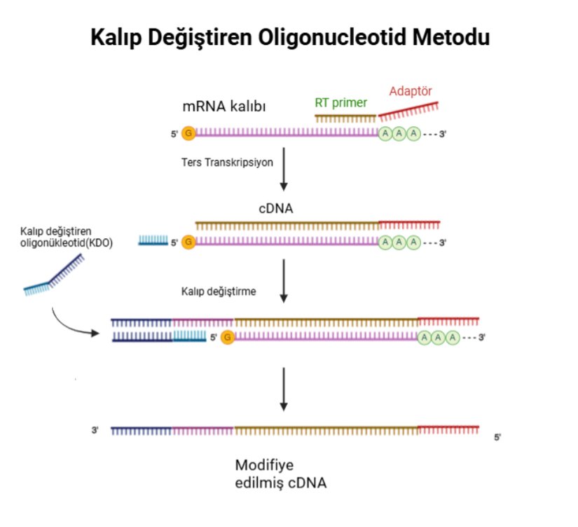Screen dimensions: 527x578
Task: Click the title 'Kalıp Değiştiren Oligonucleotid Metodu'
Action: (x=289, y=37)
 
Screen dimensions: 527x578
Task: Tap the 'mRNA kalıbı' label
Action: (x=224, y=106)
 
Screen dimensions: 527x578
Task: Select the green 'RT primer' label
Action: (x=340, y=103)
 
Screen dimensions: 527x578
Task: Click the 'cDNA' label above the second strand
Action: (x=278, y=209)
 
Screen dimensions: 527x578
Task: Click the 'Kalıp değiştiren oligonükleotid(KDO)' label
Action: (x=66, y=238)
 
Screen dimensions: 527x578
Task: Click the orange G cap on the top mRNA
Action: (x=188, y=132)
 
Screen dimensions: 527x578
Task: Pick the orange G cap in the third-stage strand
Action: (x=228, y=337)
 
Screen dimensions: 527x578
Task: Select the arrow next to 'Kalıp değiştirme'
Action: (x=284, y=280)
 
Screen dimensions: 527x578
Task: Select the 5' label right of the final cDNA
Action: (x=498, y=437)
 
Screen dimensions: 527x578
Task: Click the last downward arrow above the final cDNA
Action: (x=284, y=389)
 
